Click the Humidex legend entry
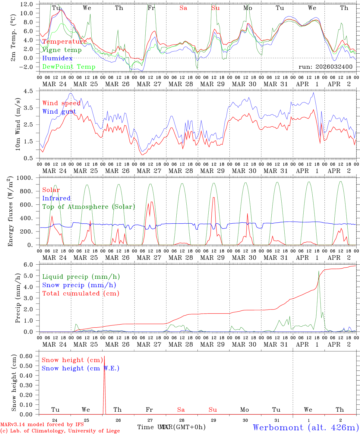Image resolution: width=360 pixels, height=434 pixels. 57,58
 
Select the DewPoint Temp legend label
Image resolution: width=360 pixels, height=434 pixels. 69,67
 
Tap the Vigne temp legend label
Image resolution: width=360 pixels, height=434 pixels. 62,50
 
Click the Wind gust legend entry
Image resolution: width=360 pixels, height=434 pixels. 59,112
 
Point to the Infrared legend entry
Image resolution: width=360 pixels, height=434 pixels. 56,198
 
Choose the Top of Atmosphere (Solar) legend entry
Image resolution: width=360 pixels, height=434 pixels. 89,207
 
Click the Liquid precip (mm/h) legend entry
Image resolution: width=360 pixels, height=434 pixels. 81,277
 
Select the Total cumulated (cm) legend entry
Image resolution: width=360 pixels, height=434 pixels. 81,294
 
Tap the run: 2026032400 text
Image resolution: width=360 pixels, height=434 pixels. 325,67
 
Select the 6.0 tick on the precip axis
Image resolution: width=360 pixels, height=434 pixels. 31,265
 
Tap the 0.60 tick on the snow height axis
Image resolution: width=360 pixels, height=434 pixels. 28,356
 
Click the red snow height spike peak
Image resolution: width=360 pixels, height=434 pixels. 104,356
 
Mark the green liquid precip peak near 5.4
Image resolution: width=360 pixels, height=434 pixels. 319,271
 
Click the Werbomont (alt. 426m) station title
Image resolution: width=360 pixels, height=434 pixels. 305,427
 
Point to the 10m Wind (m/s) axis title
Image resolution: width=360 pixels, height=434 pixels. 18,124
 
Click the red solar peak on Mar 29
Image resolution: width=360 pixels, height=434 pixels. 213,197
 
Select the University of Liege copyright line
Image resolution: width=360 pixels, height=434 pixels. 60,431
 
